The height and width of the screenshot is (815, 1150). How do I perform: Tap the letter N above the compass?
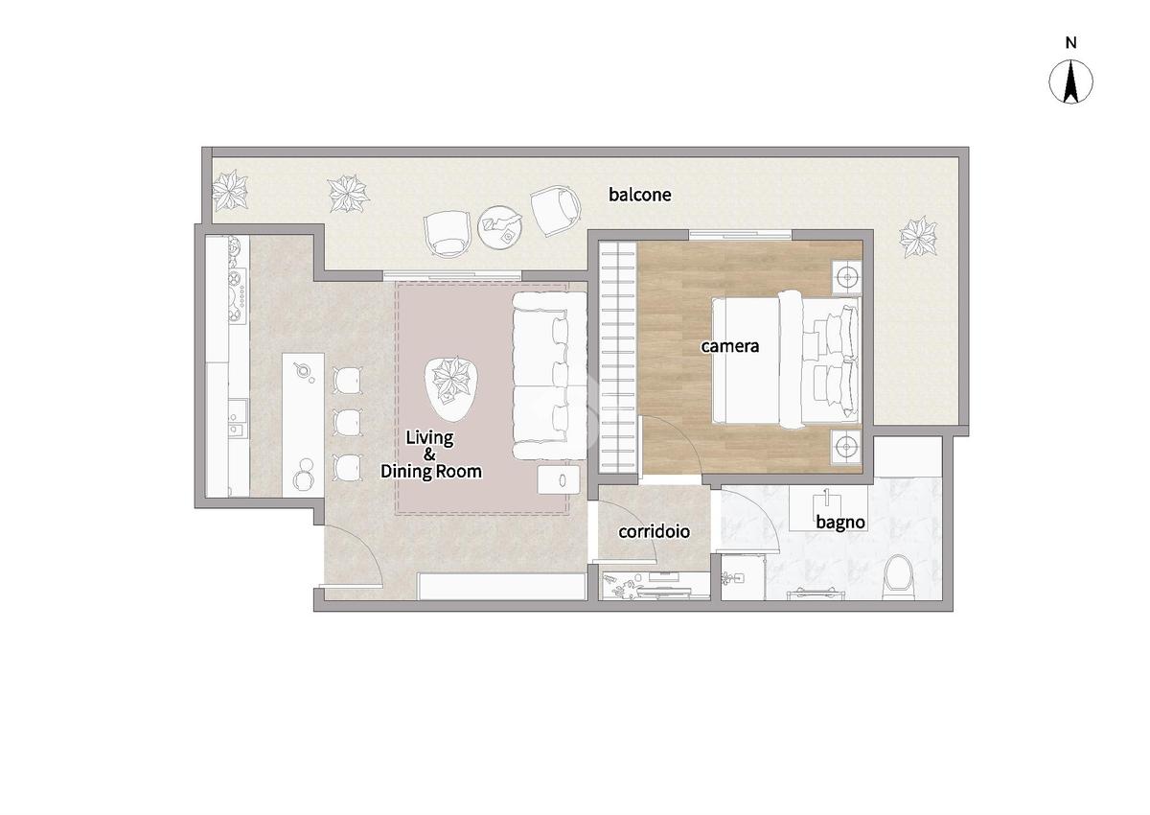1071,43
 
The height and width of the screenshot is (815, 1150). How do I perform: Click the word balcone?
640,195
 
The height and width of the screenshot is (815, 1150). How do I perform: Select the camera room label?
729,346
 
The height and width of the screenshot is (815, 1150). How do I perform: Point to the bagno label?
840,523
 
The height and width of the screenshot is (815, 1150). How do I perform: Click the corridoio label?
654,531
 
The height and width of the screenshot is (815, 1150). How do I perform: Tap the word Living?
429,438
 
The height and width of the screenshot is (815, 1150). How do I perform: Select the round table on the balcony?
500,227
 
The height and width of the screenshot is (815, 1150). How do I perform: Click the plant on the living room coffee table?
451,380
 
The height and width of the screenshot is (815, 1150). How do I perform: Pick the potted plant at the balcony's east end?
918,237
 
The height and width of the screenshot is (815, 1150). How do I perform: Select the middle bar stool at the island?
348,422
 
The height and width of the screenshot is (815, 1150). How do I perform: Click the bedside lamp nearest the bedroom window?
846,277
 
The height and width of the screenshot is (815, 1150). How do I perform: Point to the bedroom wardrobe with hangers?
617,357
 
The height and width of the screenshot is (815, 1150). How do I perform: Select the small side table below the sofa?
559,480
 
